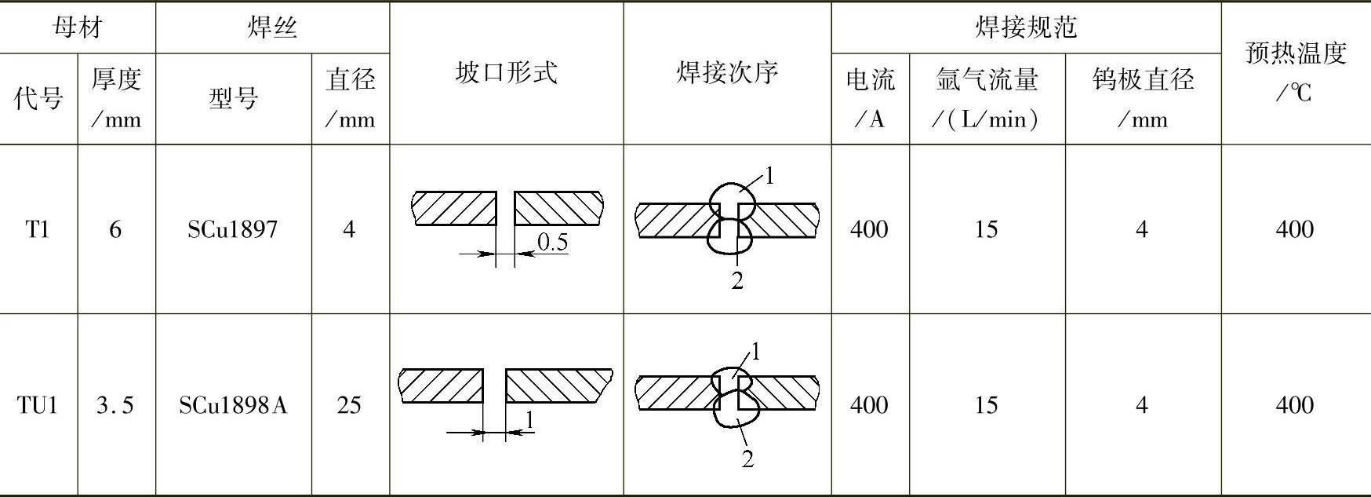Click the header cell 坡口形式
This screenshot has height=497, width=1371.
coord(506,73)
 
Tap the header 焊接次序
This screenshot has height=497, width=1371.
coord(727,73)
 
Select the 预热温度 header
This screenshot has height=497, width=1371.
coord(1295,72)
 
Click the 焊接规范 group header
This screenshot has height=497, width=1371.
coord(1025,27)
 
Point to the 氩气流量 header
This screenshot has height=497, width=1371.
coord(987,97)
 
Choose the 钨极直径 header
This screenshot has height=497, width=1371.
coord(1143,97)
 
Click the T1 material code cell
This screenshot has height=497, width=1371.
coord(38,229)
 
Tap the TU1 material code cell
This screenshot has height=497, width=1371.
coord(38,405)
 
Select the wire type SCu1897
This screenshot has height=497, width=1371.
coord(232,229)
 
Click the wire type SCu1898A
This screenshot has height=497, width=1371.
coord(232,405)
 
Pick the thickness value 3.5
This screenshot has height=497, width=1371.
coord(115,405)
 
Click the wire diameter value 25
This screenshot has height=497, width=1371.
coord(349,405)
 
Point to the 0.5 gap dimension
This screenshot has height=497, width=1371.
coord(552,243)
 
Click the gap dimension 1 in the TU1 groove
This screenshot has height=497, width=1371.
coord(529,421)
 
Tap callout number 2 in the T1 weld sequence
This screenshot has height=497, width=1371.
coord(737,280)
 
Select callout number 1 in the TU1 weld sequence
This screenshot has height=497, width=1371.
coord(755,352)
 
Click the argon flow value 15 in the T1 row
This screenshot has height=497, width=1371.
coord(986,229)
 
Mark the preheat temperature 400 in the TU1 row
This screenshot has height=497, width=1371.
coord(1295,405)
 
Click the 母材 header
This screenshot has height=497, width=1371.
coord(77,27)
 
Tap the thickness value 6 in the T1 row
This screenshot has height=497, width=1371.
coord(115,229)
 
